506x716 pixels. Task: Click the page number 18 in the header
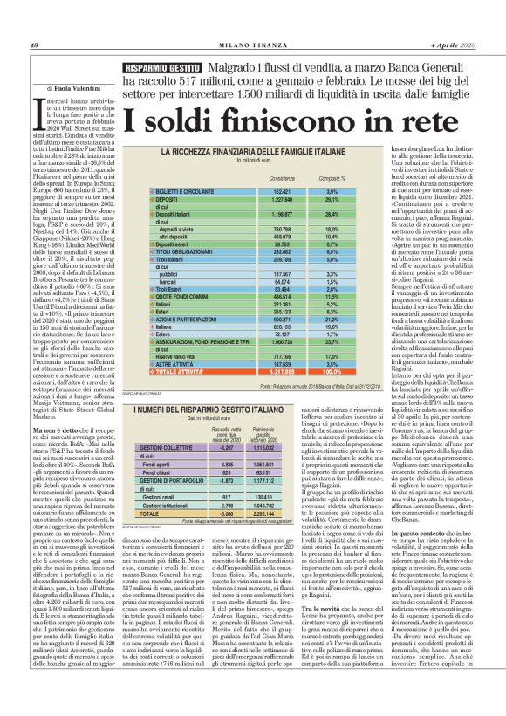tap(34, 22)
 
